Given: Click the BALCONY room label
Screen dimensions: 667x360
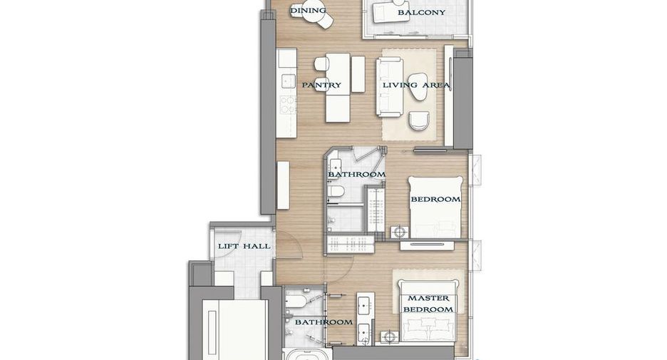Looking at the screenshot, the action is click(x=421, y=13).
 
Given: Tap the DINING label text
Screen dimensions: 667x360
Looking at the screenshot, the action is click(x=308, y=10).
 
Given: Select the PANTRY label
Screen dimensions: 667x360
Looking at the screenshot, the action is click(x=321, y=85).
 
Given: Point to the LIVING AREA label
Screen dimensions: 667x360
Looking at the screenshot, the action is click(x=416, y=85).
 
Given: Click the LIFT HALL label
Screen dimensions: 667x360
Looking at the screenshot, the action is click(x=244, y=246).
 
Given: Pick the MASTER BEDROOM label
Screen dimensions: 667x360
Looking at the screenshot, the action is click(x=428, y=304).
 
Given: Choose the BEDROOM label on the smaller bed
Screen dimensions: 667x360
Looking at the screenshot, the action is click(x=435, y=199).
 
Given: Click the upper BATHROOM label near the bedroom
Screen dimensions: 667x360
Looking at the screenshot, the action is click(x=356, y=175).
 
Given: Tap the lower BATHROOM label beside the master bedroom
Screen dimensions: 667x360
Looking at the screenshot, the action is click(x=324, y=322).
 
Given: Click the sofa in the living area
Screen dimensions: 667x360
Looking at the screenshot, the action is click(x=390, y=87).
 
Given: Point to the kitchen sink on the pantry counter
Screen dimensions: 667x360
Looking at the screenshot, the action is click(x=288, y=81).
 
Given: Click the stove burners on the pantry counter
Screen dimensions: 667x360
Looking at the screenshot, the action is click(x=288, y=105).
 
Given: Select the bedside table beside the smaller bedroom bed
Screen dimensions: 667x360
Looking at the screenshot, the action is click(x=400, y=232).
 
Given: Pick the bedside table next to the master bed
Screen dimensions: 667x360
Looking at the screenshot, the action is click(x=389, y=337).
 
